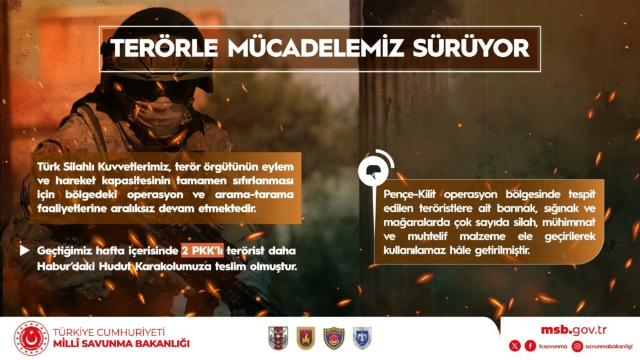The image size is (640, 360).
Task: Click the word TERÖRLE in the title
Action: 164,48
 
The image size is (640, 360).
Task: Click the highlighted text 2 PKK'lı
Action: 202,250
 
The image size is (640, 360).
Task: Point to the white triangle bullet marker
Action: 24,250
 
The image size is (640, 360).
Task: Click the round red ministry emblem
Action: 31,338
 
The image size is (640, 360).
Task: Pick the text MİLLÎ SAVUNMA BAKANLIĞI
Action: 121,343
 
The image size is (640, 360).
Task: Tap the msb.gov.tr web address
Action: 574,330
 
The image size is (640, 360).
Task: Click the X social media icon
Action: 515,346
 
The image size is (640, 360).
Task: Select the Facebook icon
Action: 530,346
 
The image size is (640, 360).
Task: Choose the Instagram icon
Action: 577,346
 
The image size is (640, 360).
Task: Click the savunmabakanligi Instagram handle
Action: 609,346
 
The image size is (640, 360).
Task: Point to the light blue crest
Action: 362,338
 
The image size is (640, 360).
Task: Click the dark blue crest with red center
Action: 334,338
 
